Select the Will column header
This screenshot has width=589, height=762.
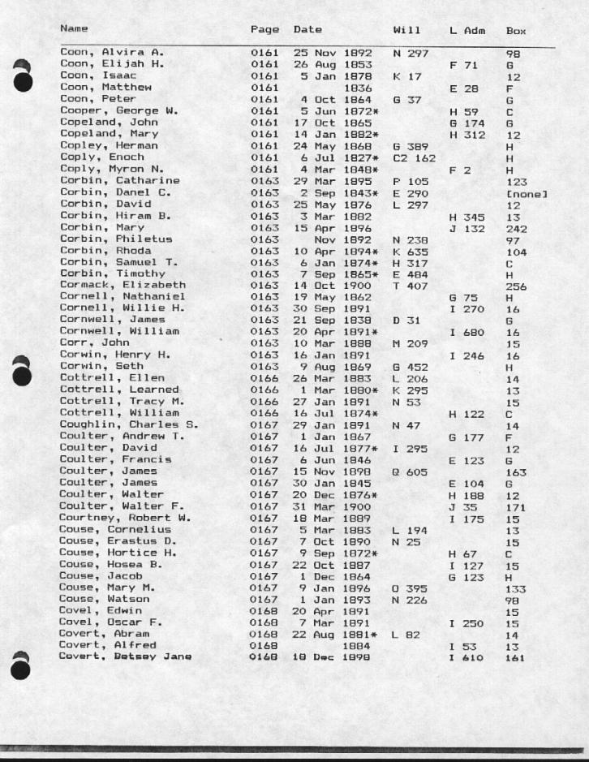click(405, 30)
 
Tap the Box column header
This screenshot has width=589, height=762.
click(515, 31)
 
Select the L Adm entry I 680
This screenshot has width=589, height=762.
click(466, 333)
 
